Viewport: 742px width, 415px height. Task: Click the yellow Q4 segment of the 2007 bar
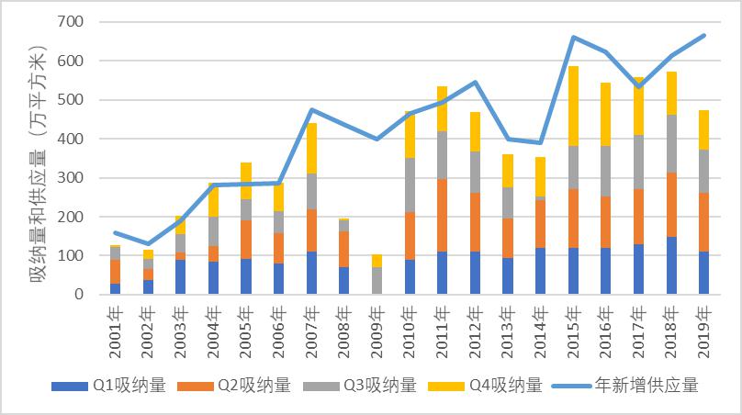click(x=311, y=148)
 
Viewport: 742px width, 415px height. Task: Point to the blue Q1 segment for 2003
click(x=181, y=276)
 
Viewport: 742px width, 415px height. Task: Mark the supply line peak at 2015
click(x=573, y=38)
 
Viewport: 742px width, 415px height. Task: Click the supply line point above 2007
click(x=311, y=110)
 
